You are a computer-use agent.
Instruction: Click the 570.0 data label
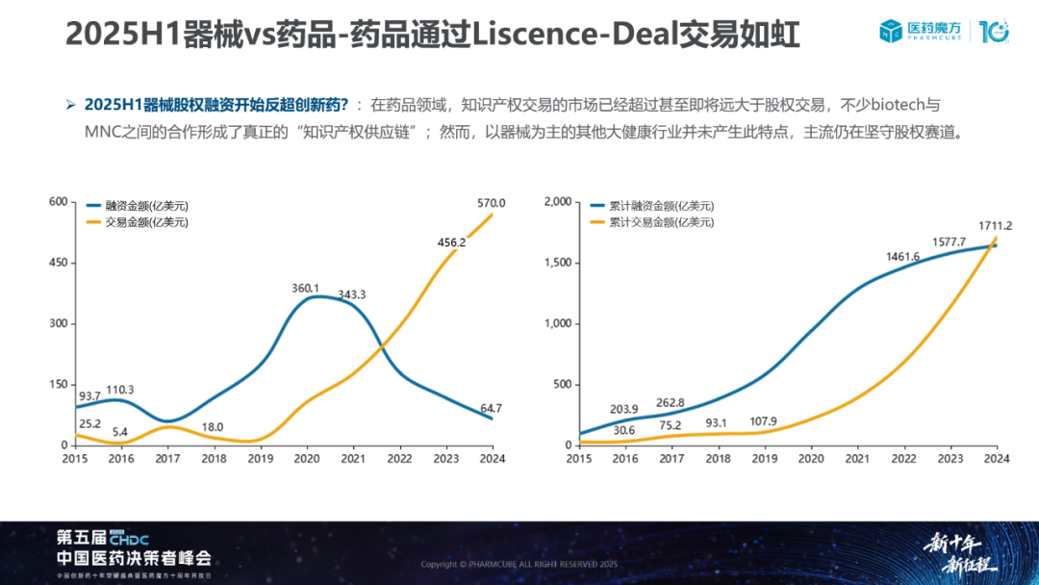click(491, 203)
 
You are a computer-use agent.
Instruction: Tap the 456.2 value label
click(450, 242)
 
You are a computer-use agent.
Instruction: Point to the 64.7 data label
click(491, 409)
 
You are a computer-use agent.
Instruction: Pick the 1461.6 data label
click(905, 257)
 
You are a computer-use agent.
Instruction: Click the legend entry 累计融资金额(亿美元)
click(662, 206)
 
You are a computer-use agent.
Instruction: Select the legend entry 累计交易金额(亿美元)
click(662, 222)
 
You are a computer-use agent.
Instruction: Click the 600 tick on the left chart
click(60, 202)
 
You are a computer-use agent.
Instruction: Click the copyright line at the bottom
click(519, 564)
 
